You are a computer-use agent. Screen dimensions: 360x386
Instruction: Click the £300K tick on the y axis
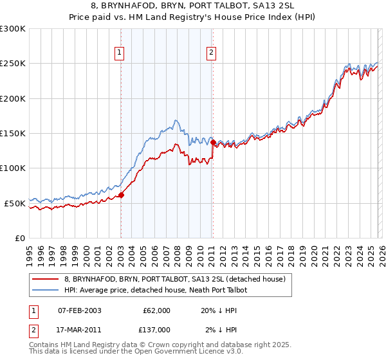click(x=13, y=29)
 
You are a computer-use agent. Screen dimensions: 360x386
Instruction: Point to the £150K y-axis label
click(x=13, y=133)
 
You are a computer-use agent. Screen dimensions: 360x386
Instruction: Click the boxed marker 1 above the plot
click(x=120, y=53)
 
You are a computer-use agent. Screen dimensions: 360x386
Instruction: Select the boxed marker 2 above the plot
click(x=211, y=53)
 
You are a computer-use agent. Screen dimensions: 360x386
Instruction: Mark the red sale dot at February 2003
click(x=121, y=195)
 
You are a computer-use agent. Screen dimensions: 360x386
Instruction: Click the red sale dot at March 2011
click(x=213, y=143)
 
